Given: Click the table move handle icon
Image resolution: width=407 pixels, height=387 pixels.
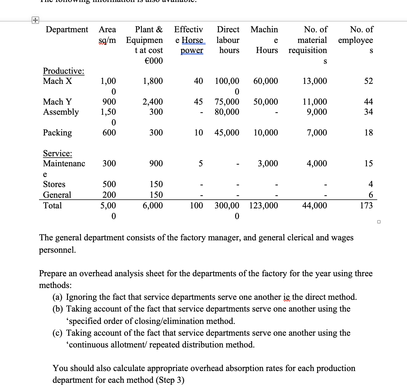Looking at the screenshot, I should pos(35,20).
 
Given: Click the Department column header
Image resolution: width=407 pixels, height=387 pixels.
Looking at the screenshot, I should pos(67,29).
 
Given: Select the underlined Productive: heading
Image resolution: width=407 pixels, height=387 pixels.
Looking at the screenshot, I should pos(63,71).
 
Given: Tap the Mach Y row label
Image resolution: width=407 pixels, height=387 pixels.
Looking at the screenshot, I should pos(57,102).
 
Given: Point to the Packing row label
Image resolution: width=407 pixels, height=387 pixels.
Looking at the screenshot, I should pos(57,132).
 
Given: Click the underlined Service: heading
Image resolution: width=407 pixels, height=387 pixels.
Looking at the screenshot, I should pos(58,153).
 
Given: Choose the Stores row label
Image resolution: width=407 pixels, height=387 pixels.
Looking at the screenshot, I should pos(54,184).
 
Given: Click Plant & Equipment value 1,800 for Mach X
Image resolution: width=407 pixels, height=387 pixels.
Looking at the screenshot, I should pos(153,81).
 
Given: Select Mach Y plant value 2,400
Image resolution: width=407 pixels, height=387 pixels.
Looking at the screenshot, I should pos(153,102).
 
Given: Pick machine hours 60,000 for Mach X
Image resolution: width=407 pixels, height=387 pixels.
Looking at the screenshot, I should pos(265,81).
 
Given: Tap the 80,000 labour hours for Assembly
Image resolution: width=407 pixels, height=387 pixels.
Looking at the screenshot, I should pos(227,112).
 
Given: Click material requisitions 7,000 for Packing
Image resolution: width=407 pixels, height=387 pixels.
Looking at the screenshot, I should pos(317,132).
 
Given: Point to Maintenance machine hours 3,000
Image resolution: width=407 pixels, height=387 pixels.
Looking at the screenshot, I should pos(268,163).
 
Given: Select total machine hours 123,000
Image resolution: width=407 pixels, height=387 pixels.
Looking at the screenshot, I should pos(263,206).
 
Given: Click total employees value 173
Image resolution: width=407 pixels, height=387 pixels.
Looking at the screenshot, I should pos(366,206).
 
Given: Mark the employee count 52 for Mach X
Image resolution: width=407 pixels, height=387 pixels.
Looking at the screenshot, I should pos(369,81).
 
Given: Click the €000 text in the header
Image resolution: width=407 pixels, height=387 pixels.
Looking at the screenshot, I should pos(153,61).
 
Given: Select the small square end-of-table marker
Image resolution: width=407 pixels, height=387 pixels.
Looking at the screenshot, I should pos(379,222).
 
